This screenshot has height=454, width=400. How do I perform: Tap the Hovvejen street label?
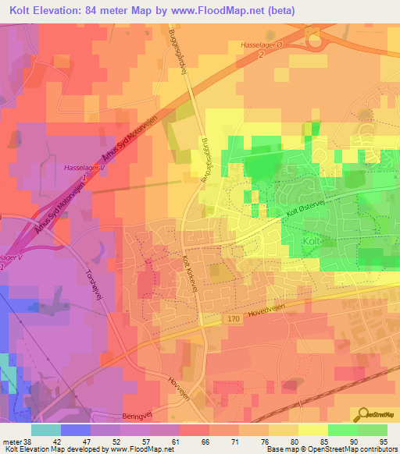180,380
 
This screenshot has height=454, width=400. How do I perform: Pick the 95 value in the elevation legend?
384,441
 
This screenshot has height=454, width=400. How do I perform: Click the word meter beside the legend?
9,441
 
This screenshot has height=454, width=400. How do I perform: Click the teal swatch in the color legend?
45,430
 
